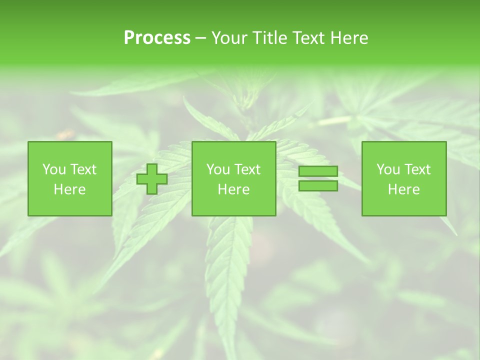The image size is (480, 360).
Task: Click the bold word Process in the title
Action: click(157, 38)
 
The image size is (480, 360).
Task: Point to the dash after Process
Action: click(201, 38)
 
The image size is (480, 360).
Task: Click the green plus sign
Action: click(152, 179)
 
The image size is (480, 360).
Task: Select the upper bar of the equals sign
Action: click(318, 171)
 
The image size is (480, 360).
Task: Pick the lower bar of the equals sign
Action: click(318, 185)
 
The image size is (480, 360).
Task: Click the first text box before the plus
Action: click(70, 179)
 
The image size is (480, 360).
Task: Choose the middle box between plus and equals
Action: click(234, 179)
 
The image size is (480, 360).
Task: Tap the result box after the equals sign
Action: click(404, 179)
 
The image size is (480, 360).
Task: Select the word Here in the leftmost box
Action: click(70, 189)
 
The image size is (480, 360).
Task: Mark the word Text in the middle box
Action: click(247, 169)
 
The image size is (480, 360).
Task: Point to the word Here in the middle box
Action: click(234, 189)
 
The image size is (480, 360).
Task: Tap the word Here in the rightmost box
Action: click(404, 189)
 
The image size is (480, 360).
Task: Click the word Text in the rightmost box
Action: click(417, 169)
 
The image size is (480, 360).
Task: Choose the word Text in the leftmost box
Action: click(83, 169)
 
